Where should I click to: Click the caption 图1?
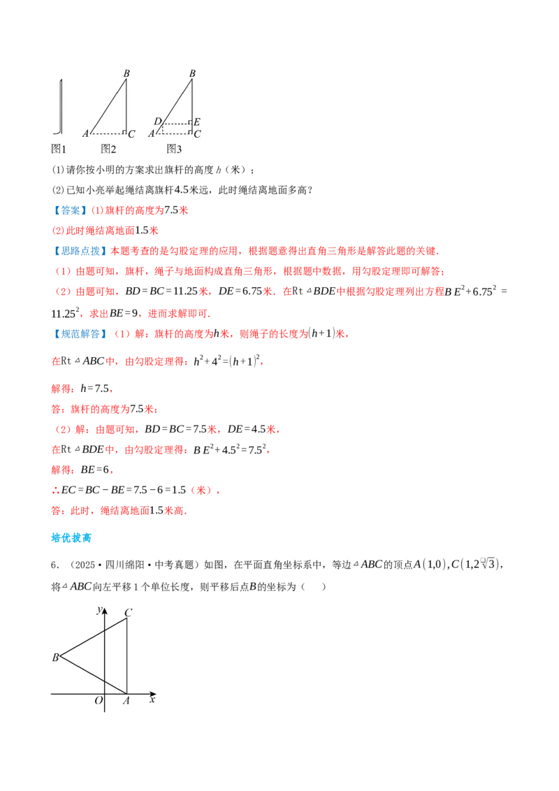point(59,148)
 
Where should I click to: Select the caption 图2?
point(108,148)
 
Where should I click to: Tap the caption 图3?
point(174,148)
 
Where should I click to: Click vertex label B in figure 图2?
point(126,73)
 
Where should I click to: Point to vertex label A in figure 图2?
point(85,133)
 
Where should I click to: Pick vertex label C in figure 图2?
point(131,133)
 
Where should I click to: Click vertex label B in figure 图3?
point(192,73)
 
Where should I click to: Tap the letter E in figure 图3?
point(197,122)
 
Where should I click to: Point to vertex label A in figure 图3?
point(152,133)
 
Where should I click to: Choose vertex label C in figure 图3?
point(197,133)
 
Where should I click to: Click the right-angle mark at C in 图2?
point(124,131)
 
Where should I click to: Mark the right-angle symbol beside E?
point(189,122)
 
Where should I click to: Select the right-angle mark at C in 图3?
point(189,131)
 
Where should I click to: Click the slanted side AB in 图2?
point(108,105)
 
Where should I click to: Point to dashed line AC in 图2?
point(106,133)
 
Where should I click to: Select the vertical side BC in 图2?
point(126,105)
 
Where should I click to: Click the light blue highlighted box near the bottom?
point(72,539)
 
